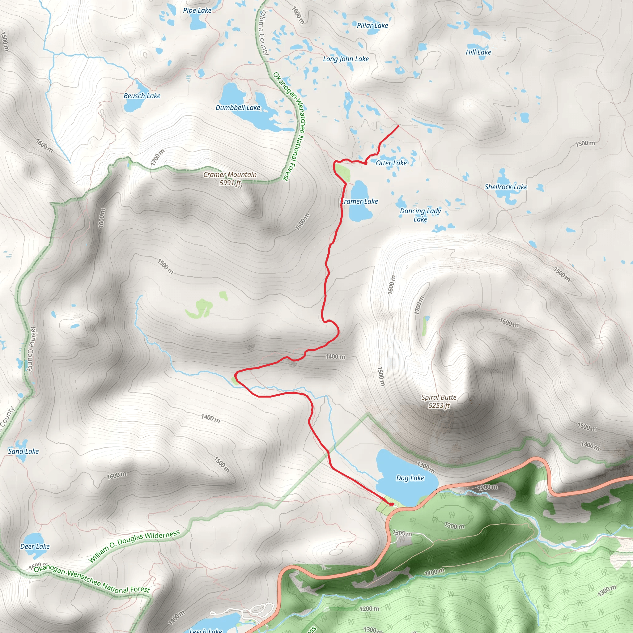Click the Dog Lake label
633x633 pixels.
410,478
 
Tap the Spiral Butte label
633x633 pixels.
439,397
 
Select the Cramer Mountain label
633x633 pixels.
230,175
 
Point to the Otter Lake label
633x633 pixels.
391,163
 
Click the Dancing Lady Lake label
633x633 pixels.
420,215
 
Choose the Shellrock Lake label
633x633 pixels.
506,187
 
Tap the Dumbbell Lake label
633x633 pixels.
238,108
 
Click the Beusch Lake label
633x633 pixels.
142,96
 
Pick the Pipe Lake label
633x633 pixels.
197,11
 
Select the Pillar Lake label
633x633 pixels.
372,26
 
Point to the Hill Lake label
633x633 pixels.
478,52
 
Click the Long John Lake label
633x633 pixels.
346,59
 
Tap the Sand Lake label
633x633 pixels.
23,451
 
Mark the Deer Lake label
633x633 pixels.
35,546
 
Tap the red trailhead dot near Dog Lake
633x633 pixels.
391,504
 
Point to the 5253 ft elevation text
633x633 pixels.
439,406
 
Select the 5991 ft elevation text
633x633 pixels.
230,183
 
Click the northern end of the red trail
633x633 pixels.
398,125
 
